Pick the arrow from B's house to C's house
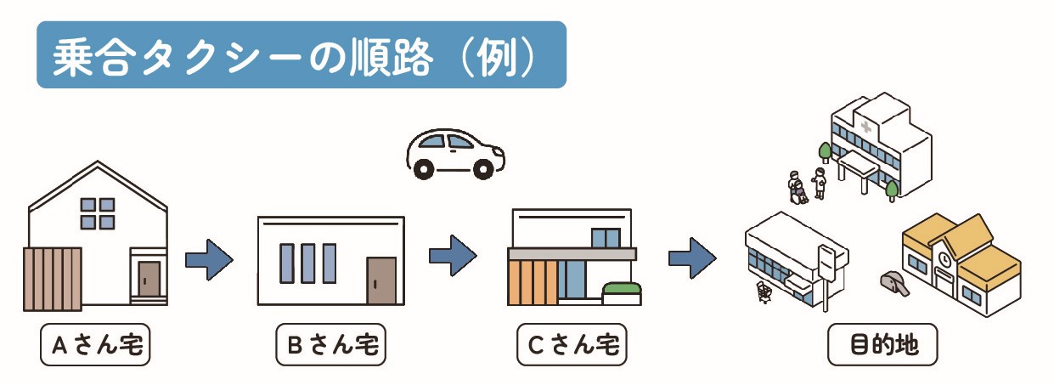click(x=453, y=255)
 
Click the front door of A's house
click(x=149, y=279)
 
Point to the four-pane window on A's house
click(x=98, y=213)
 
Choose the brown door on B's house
click(x=381, y=280)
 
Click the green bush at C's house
click(x=620, y=290)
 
